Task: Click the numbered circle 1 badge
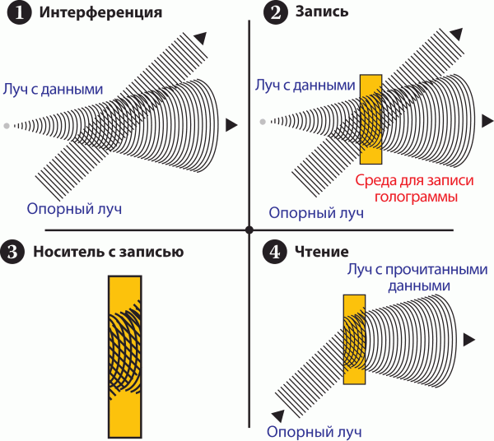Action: pyautogui.click(x=15, y=14)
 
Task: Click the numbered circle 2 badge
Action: pyautogui.click(x=274, y=14)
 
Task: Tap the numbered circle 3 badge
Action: pyautogui.click(x=15, y=252)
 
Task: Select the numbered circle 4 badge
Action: pyautogui.click(x=274, y=252)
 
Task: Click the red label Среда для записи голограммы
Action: pyautogui.click(x=405, y=190)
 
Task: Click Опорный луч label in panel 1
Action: pyautogui.click(x=74, y=208)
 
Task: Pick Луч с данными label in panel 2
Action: pyautogui.click(x=305, y=86)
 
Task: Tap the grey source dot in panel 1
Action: pyautogui.click(x=7, y=125)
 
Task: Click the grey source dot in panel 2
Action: pyautogui.click(x=263, y=123)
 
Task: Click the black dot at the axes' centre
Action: pyautogui.click(x=248, y=229)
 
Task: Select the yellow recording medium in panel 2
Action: pyautogui.click(x=371, y=120)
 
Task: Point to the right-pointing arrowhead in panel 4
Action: pyautogui.click(x=468, y=339)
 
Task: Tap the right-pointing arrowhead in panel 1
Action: pyautogui.click(x=232, y=125)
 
